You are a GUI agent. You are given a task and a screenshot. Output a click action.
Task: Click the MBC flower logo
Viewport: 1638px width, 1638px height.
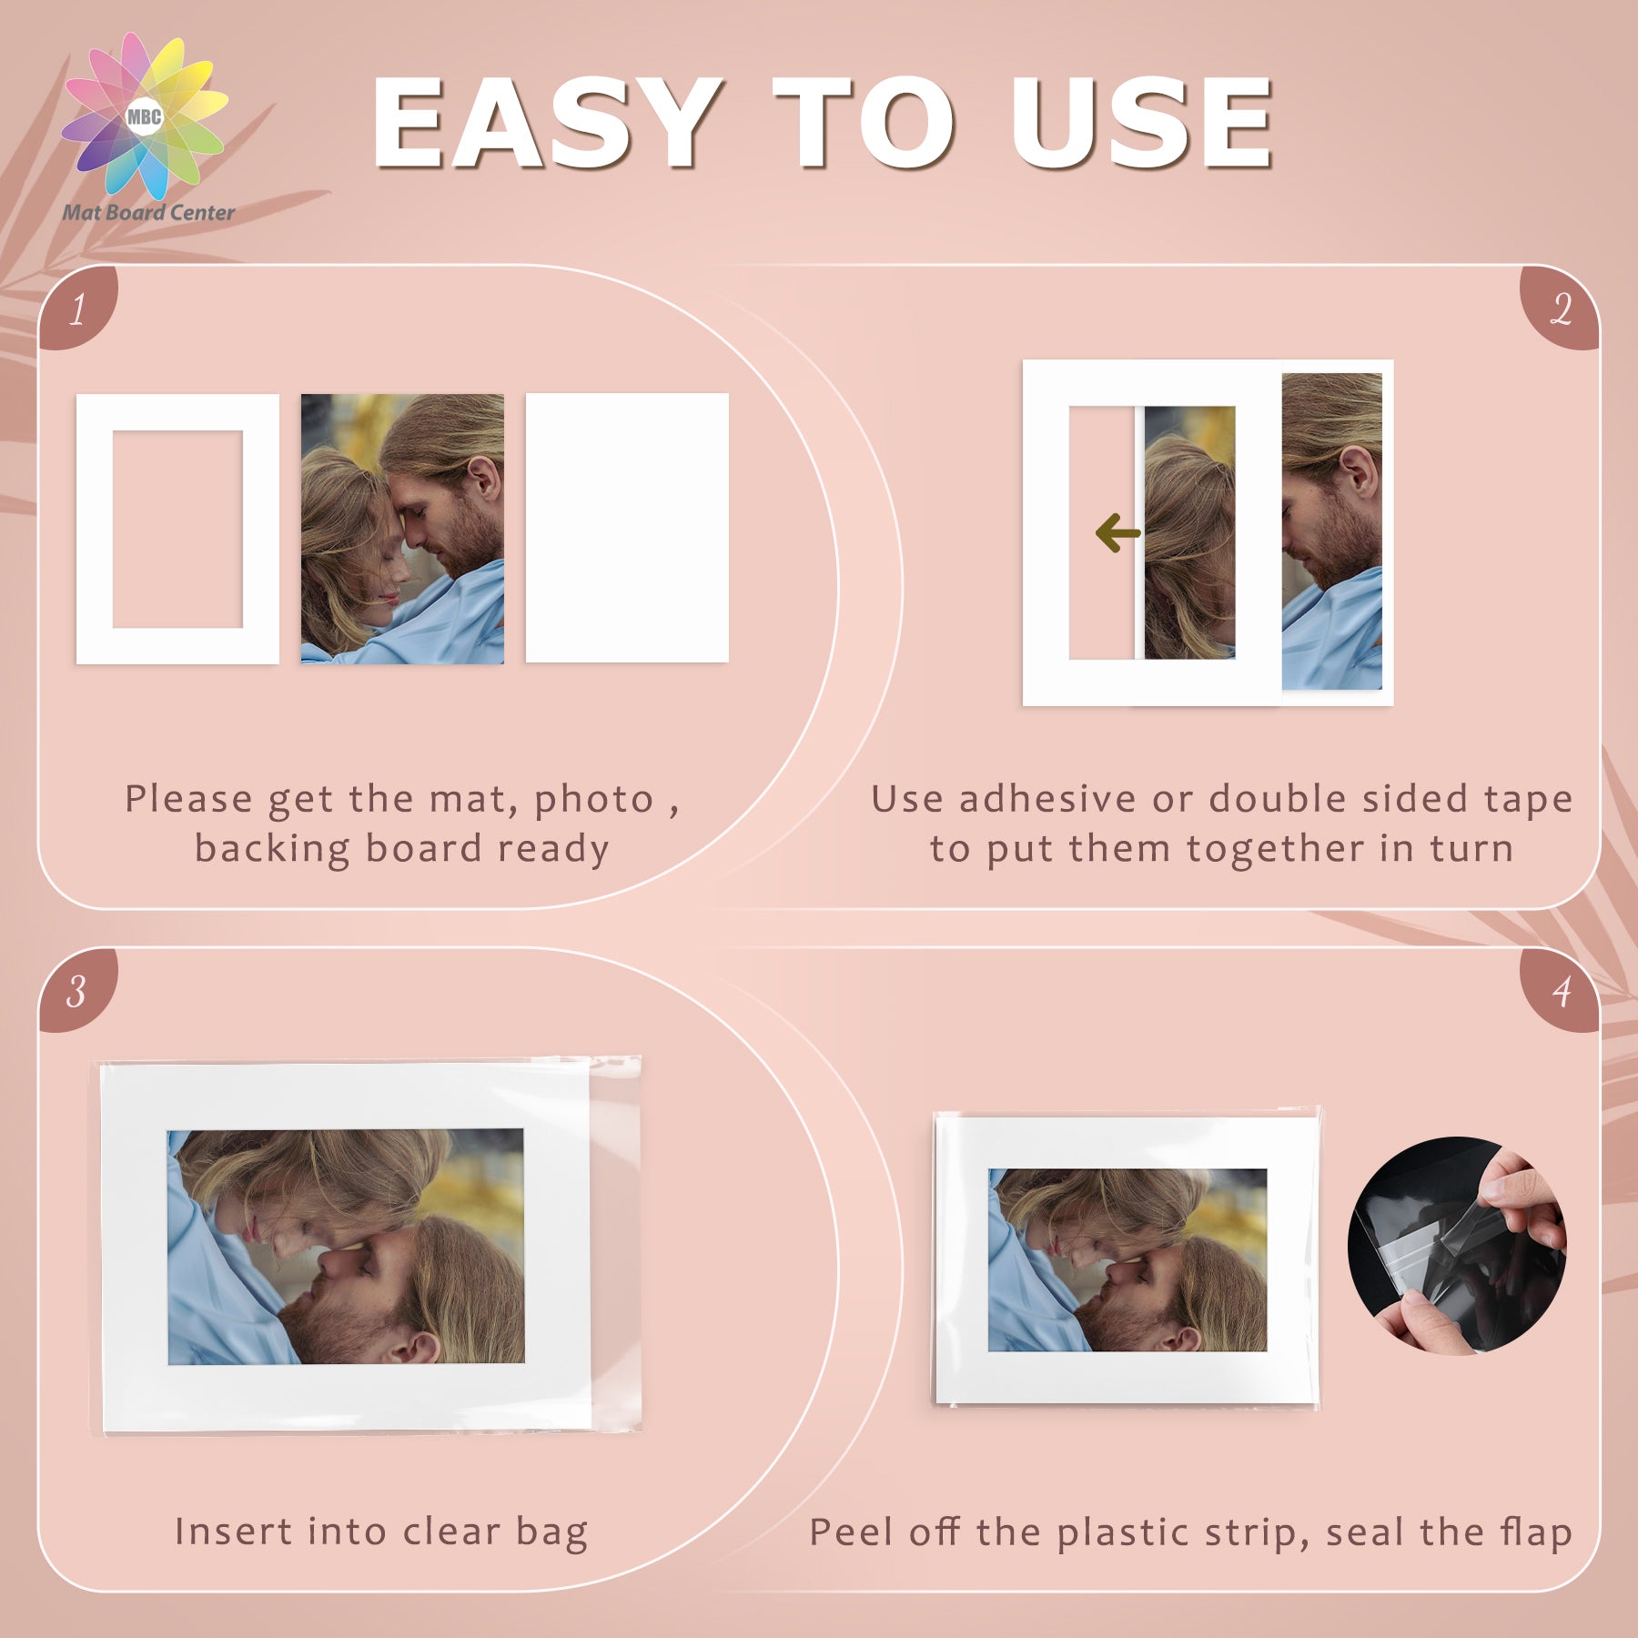click(x=145, y=116)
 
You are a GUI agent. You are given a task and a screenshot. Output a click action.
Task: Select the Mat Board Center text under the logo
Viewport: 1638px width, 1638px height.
click(x=148, y=213)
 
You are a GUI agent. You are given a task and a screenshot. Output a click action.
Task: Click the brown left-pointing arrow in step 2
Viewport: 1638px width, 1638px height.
click(x=1118, y=533)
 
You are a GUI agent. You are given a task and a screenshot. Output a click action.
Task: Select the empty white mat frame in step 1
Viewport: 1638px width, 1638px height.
click(x=95, y=529)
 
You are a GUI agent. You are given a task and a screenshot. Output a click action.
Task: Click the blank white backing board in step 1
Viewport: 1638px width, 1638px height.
click(x=627, y=528)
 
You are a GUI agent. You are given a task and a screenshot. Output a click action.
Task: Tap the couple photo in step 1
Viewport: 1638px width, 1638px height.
click(x=402, y=529)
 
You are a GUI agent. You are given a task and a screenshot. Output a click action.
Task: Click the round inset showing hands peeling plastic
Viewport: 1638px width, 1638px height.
click(x=1456, y=1246)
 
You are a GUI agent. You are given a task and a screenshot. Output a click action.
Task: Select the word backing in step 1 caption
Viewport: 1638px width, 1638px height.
click(x=273, y=850)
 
